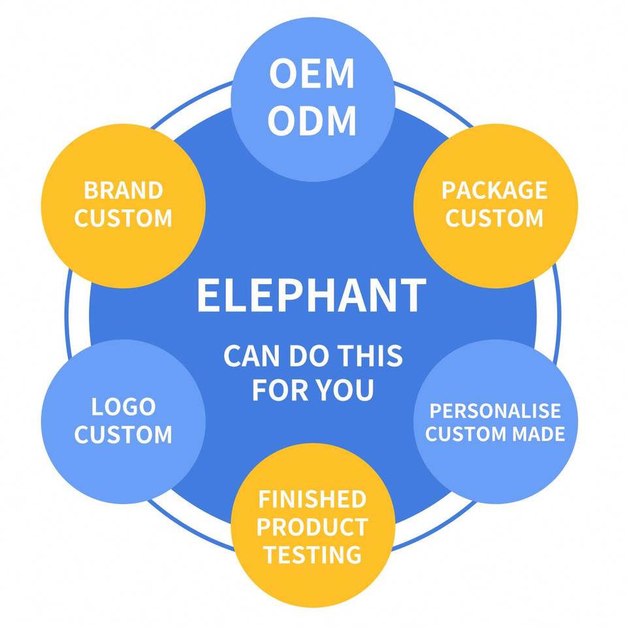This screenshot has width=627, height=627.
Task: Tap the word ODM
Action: point(312,120)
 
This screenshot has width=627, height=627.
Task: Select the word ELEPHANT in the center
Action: point(312,295)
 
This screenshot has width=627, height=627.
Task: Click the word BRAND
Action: point(123,190)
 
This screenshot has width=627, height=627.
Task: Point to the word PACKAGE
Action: point(494,190)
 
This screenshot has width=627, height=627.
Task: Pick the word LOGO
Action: point(123,407)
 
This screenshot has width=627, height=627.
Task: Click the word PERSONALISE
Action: point(495,411)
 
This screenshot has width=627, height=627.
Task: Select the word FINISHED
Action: point(312,499)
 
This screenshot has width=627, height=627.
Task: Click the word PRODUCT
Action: point(312,527)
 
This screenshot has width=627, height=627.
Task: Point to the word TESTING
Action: point(313,555)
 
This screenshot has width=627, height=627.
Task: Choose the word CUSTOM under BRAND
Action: point(123,218)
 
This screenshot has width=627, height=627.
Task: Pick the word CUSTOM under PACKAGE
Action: point(494,218)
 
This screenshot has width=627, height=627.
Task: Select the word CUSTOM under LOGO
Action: point(123,435)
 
